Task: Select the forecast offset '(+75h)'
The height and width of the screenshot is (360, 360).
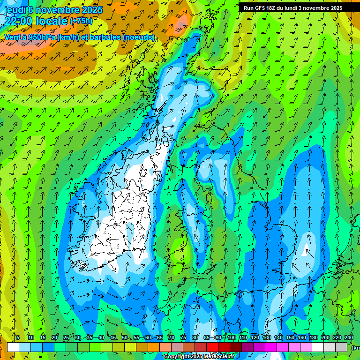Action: click(x=81, y=22)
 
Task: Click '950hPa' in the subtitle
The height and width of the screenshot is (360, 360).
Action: click(x=39, y=37)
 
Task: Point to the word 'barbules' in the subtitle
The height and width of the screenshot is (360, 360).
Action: click(x=105, y=37)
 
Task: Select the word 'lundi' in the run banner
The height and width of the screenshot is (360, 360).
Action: click(x=295, y=8)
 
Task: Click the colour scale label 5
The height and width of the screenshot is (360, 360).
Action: click(x=18, y=337)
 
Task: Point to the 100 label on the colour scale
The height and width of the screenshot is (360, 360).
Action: click(x=231, y=337)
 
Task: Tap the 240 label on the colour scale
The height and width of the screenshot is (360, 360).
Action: click(x=348, y=337)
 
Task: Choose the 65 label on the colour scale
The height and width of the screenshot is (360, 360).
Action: click(x=159, y=337)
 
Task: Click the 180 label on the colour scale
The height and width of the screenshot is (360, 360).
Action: click(x=313, y=337)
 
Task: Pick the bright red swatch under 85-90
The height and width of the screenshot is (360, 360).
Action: click(x=212, y=347)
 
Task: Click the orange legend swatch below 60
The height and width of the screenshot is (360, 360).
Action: click(x=154, y=347)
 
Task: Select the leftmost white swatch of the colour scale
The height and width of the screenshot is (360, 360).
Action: click(x=13, y=347)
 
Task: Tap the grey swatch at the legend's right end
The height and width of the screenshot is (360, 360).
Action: click(x=341, y=347)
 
